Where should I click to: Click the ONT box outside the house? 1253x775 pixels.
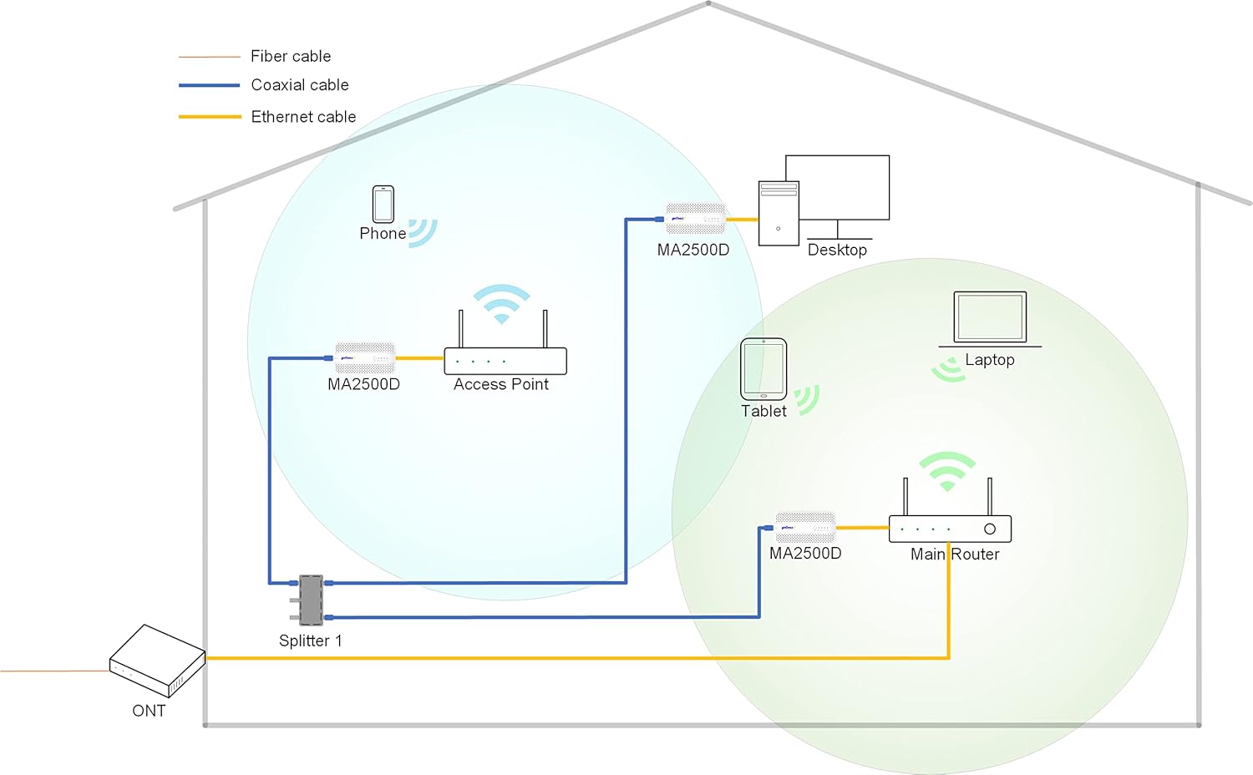[157, 661]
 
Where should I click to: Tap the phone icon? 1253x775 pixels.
[383, 204]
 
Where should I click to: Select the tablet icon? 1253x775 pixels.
[763, 369]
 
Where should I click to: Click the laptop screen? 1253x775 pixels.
[990, 317]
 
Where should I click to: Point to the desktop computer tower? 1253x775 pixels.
[779, 213]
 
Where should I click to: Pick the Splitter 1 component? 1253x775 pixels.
[311, 600]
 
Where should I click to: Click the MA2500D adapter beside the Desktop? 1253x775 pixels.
[695, 219]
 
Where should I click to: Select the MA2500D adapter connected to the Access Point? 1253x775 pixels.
[365, 358]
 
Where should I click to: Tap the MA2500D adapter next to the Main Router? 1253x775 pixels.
[805, 527]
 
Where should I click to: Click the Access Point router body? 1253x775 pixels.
[505, 361]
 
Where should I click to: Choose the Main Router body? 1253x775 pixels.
[950, 529]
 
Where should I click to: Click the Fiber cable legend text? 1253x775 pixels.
[291, 56]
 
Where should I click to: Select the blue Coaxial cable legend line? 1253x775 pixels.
[209, 85]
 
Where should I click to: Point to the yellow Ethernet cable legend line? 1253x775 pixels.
[210, 117]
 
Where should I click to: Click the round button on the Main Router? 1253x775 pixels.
[990, 529]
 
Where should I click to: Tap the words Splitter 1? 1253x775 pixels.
[311, 641]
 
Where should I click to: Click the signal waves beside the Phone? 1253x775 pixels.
[423, 233]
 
